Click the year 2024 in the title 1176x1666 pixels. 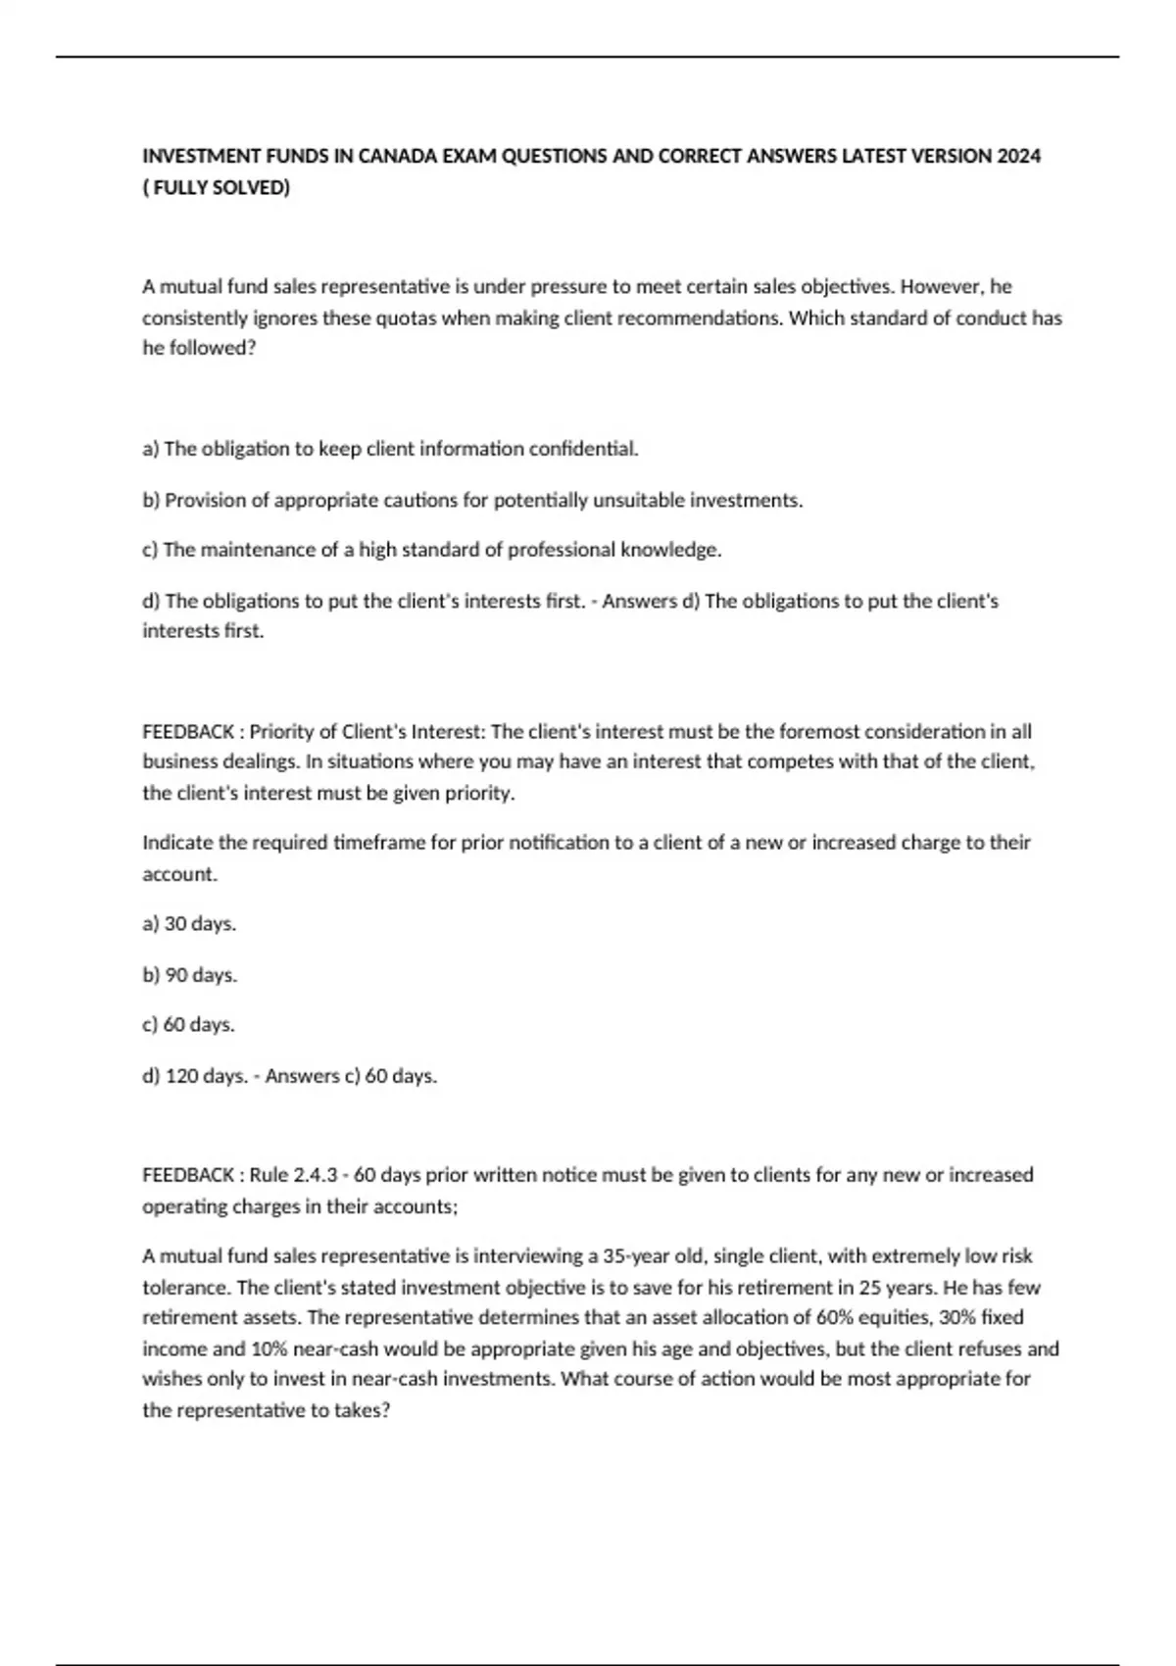[x=1019, y=156]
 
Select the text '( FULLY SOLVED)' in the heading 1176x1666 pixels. [x=217, y=187]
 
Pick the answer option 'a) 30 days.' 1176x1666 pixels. [x=189, y=924]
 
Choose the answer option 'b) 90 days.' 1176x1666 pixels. [x=189, y=975]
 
